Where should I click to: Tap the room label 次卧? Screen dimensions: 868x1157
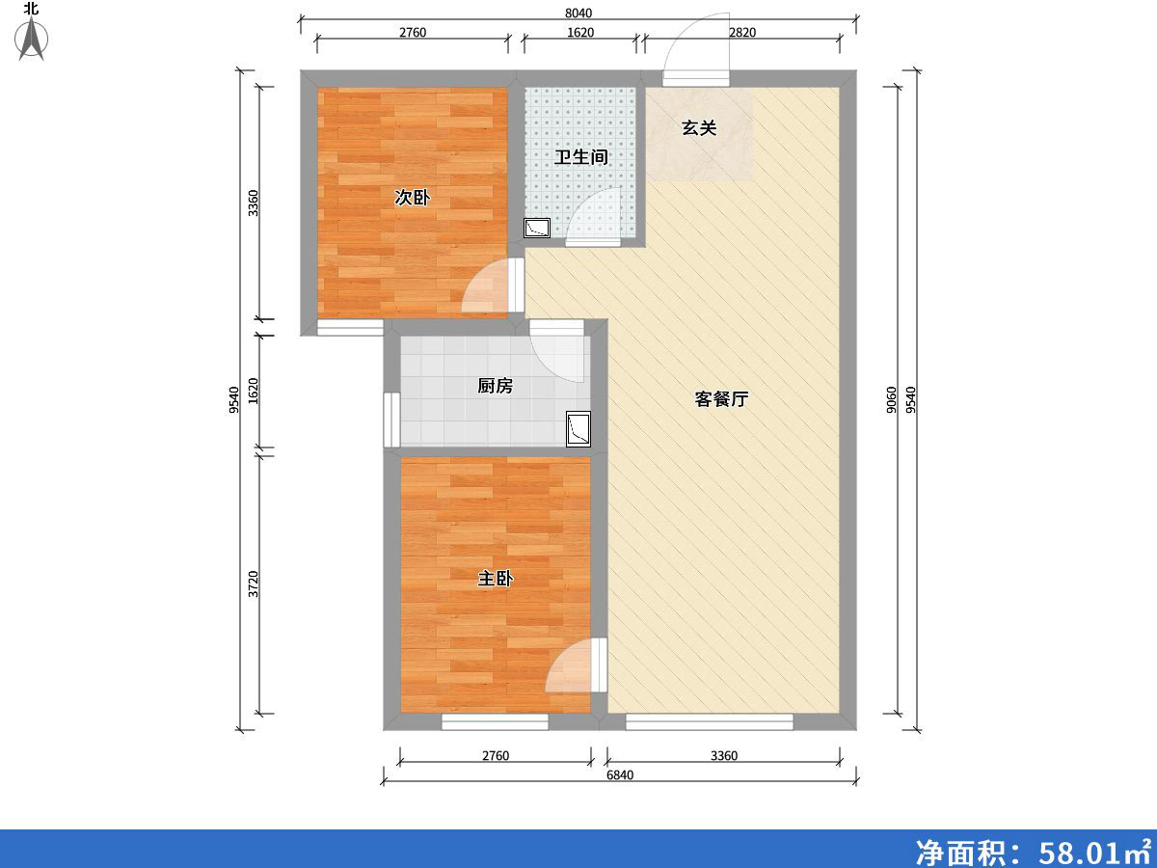click(x=412, y=198)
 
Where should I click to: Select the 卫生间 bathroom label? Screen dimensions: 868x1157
click(x=580, y=156)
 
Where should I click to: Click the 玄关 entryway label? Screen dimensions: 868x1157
click(x=700, y=127)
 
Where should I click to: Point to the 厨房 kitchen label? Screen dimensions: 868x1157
click(x=495, y=386)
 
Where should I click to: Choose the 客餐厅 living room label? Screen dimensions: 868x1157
click(x=721, y=399)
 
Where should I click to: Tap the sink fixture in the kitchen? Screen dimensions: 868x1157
click(x=578, y=429)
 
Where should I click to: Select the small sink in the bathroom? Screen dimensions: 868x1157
click(x=536, y=229)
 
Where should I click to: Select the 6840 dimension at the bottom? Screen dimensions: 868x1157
click(x=619, y=774)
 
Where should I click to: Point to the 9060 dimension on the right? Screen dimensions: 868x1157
click(x=891, y=399)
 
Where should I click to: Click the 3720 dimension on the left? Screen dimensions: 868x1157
click(x=254, y=584)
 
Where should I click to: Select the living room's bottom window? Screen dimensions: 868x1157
click(x=709, y=720)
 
